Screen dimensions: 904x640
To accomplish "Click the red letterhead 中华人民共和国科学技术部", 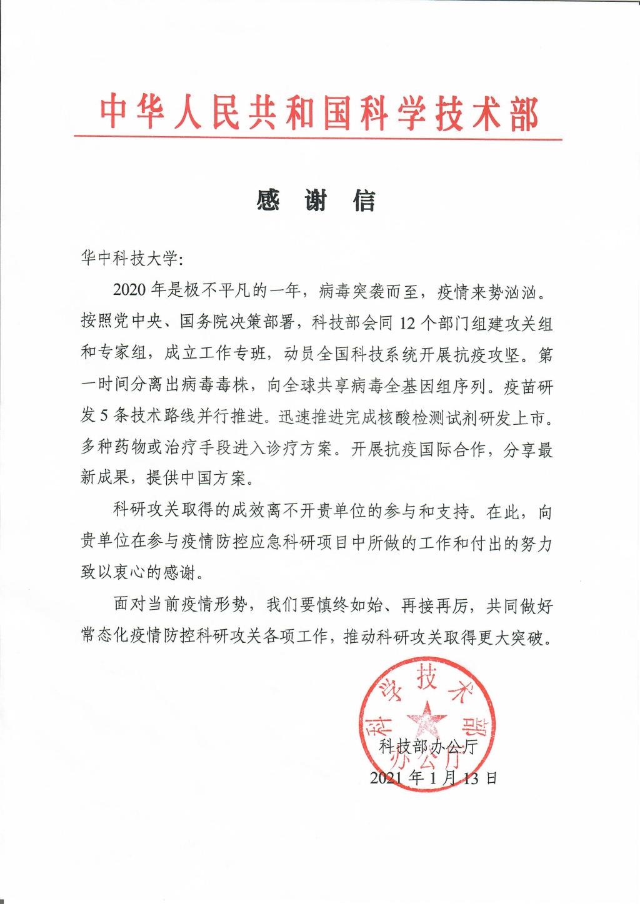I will click(x=319, y=112).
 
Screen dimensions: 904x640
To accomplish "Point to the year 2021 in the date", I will click(x=387, y=778).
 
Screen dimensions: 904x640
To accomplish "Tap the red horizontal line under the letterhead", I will click(x=319, y=139).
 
